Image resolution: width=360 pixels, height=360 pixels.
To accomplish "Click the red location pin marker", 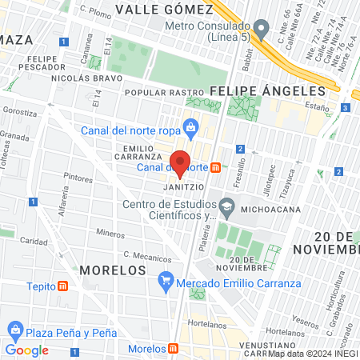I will pos(180,162).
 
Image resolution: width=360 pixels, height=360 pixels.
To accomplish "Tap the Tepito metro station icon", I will pos(63,286).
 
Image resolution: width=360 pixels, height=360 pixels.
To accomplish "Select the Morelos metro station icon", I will pos(174,350).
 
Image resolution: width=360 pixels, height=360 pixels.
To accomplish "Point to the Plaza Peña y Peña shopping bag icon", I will pos(15,330).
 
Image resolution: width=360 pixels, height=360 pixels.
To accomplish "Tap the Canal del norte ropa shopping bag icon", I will pos(190,126).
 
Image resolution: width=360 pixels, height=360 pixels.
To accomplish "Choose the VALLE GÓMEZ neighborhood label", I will pos(164,10).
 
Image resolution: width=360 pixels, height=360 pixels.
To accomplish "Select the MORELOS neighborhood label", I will pos(112,270).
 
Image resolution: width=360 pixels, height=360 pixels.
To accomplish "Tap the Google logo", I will pos(27,350).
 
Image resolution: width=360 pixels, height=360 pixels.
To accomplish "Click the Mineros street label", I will pos(110,233).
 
